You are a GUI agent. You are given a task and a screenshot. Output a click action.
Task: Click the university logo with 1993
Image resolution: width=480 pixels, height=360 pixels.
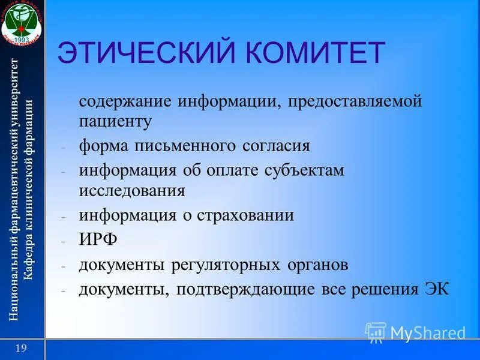(22, 22)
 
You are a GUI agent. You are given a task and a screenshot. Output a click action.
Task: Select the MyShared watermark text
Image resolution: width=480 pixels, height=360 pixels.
(427, 333)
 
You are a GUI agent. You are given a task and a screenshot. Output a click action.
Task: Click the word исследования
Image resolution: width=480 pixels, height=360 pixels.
(131, 191)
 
